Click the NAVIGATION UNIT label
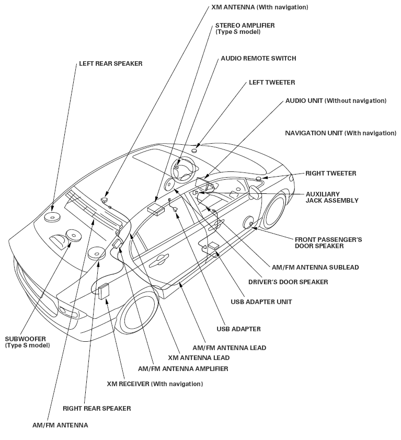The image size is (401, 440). [340, 133]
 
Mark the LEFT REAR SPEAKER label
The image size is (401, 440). [110, 64]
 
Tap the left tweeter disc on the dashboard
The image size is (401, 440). [194, 150]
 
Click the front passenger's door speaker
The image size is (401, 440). [250, 223]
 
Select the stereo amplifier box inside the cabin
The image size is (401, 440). [156, 209]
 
